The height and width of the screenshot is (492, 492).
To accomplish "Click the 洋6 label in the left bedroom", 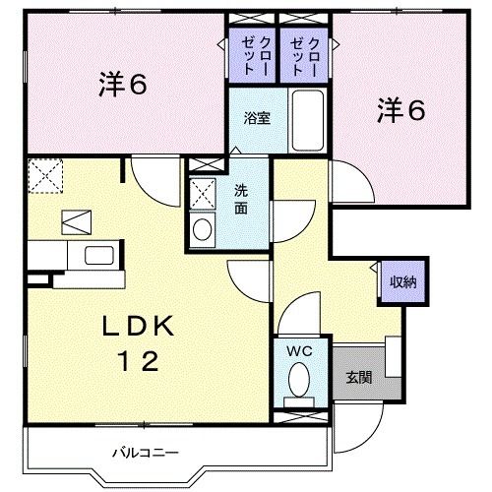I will (123, 87).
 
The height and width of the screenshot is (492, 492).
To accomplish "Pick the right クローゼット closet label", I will (305, 58).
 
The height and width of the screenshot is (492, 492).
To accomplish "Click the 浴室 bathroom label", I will (258, 117).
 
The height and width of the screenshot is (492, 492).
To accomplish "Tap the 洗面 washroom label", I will (241, 200).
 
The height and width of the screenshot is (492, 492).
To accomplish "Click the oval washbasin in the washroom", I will (203, 231).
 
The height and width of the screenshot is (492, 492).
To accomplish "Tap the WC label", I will (299, 350).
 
